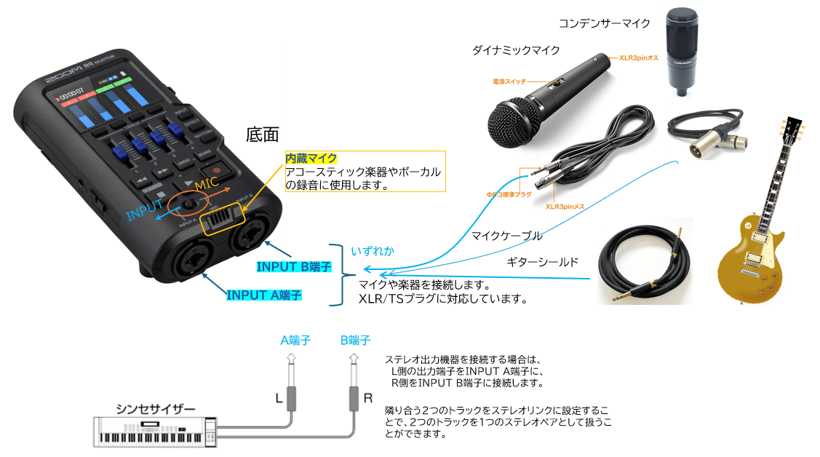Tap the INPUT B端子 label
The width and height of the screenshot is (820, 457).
coord(293,267)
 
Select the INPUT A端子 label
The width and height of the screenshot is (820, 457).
coord(263,295)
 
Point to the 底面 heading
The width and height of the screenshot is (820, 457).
coord(263,135)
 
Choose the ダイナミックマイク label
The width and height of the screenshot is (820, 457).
coord(516,50)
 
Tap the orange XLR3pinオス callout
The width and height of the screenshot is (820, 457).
coord(637,57)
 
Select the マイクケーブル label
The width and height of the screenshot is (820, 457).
coord(506,236)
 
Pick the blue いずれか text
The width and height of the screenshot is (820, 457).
coord(373,251)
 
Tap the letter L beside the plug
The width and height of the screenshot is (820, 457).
coord(278,399)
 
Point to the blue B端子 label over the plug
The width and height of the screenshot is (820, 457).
coord(355,340)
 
